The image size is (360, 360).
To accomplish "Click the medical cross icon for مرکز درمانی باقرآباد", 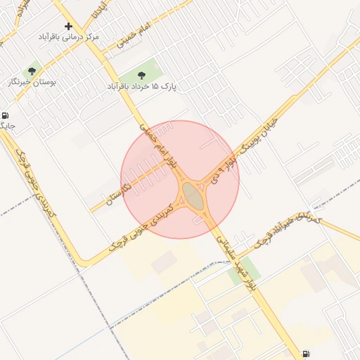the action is point(68,26).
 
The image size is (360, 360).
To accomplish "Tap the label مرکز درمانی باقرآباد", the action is point(68,36).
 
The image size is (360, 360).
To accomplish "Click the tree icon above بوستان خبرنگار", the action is point(31,71).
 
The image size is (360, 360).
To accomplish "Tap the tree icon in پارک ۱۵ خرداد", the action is point(142,74).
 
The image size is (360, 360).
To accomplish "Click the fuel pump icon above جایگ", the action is point(6,115).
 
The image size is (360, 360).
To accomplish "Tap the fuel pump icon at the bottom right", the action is point(306,354).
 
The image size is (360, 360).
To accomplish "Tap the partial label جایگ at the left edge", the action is point(7,127).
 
